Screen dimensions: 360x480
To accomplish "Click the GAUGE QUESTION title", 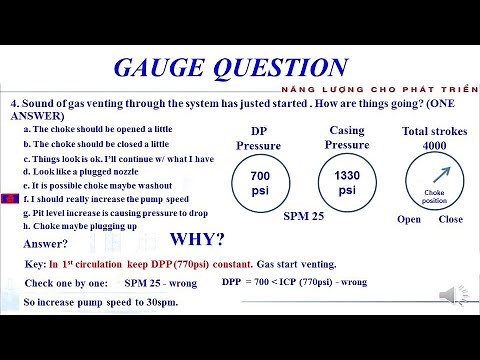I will pos(229,68).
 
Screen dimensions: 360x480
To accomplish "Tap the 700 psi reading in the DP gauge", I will pos(259,183).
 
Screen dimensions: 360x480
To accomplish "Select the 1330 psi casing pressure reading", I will pos(347,183).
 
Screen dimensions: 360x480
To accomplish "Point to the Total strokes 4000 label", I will pos(433,138).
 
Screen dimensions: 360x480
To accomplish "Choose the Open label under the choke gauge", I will pos(409,219).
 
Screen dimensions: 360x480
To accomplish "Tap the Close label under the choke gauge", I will pos(451,219).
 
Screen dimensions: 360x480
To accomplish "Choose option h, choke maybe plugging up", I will pos(91,227).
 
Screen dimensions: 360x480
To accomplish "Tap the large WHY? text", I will pos(197,241).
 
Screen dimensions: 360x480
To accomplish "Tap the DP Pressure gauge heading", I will pos(258,138).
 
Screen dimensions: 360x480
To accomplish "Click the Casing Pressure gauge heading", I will pos(347,138).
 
